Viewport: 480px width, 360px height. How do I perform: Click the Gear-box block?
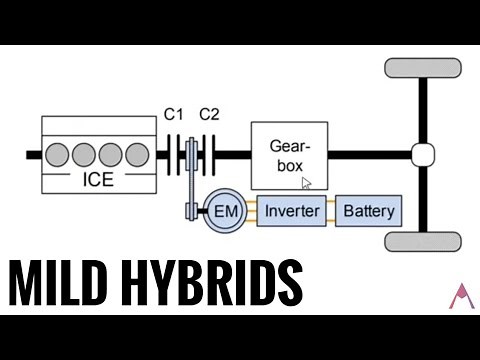[288, 155]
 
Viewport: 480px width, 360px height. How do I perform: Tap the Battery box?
[369, 211]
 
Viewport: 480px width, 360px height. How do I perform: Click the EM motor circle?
[224, 211]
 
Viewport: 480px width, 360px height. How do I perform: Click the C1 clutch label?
[175, 114]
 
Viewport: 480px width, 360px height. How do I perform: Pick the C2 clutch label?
[208, 114]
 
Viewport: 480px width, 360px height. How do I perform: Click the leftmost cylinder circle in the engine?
[59, 154]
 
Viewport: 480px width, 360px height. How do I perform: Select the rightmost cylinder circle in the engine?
[138, 154]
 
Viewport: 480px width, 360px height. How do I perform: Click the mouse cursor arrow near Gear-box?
[307, 183]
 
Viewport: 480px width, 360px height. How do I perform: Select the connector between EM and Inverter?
[250, 211]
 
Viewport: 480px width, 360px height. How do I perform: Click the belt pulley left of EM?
[188, 211]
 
